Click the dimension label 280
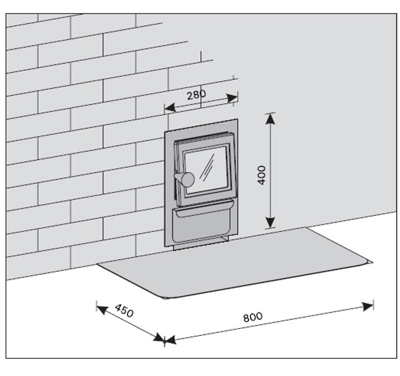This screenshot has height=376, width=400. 196,95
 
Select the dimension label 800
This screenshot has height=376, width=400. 253,317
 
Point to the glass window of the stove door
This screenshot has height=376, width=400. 206,170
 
